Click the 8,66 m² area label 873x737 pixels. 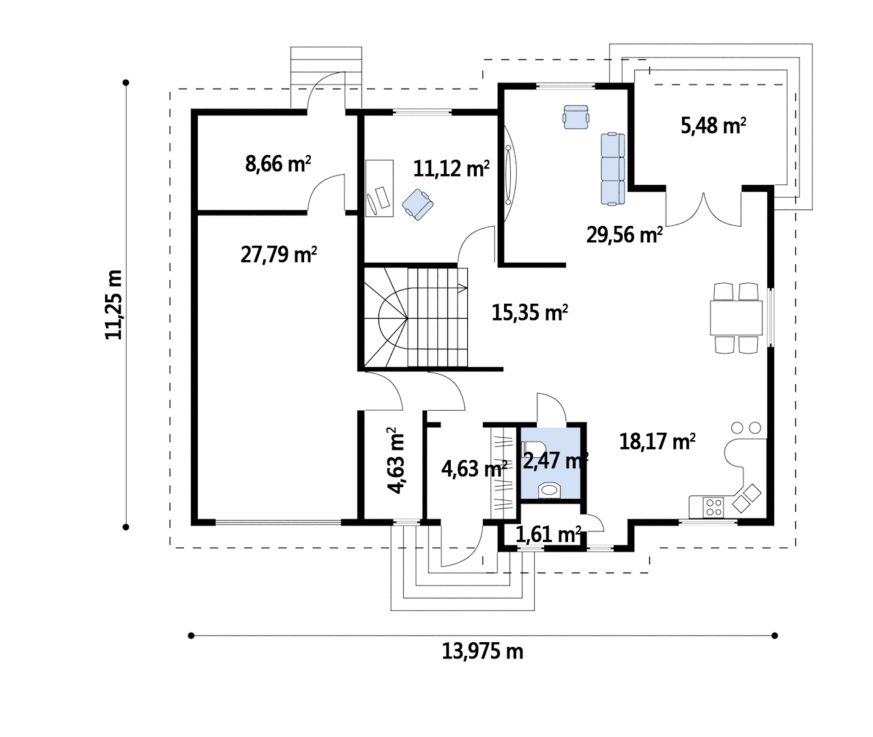[x=278, y=164]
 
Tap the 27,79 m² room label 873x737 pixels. [x=278, y=255]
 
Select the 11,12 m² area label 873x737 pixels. [x=451, y=169]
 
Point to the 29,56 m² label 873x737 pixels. [x=624, y=235]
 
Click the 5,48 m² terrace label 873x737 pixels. [x=713, y=126]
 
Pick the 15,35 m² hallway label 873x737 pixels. [x=529, y=313]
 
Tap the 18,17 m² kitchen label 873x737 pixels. [x=657, y=442]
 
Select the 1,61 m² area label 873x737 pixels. [x=548, y=534]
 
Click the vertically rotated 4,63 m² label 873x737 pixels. [x=395, y=460]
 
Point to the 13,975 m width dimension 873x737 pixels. [x=482, y=651]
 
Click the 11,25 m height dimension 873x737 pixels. [x=113, y=304]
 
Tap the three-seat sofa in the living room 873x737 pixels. [x=613, y=169]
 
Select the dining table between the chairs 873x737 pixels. [x=736, y=317]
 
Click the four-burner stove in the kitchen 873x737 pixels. [x=713, y=507]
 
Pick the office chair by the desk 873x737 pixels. [x=417, y=204]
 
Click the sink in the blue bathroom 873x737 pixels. [x=549, y=489]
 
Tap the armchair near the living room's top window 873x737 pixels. [x=576, y=117]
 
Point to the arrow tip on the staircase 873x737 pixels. [x=467, y=288]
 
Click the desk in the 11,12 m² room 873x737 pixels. [x=379, y=188]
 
